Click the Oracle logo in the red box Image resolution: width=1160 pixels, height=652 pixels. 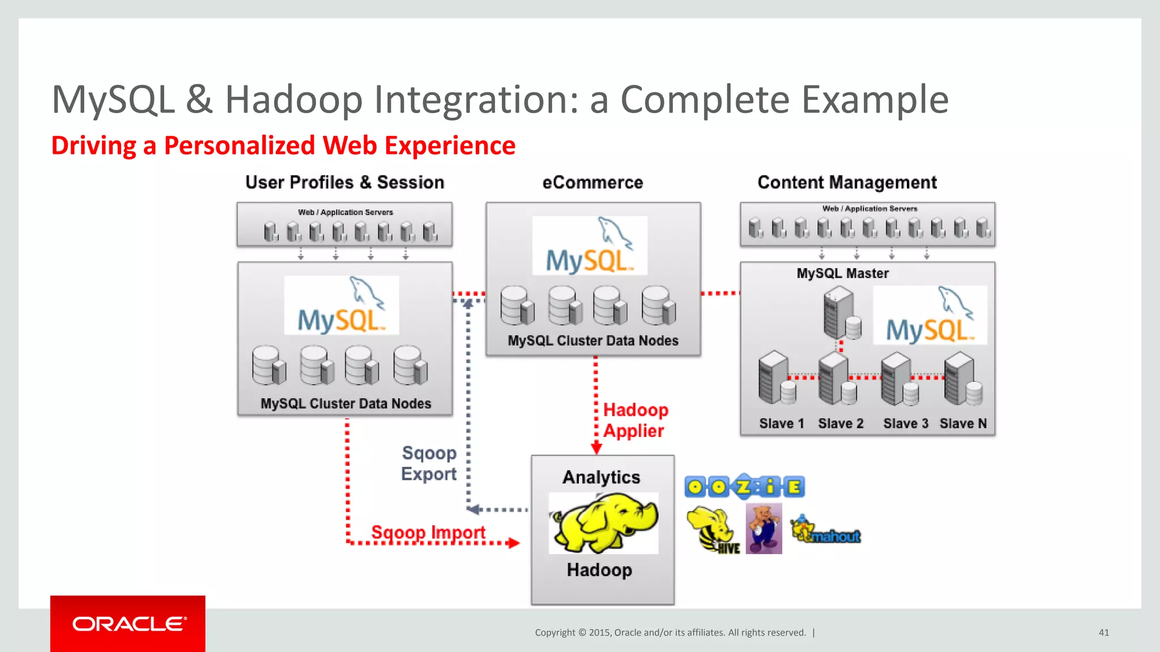click(x=129, y=624)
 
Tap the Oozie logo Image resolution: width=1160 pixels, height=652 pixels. click(x=744, y=487)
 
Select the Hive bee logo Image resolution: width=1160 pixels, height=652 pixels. click(x=713, y=530)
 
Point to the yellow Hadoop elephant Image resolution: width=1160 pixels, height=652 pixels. click(x=604, y=522)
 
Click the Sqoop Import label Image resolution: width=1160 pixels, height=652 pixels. click(x=428, y=532)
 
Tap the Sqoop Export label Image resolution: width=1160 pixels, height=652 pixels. click(x=429, y=463)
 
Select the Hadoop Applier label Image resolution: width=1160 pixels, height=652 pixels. click(x=635, y=420)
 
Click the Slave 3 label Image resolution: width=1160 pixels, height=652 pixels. click(x=905, y=423)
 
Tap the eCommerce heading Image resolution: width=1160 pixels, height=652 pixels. click(x=592, y=182)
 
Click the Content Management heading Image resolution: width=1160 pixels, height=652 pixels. click(x=847, y=182)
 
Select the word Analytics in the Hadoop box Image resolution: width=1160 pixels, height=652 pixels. click(x=601, y=477)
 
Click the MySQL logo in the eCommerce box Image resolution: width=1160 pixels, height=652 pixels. click(x=590, y=246)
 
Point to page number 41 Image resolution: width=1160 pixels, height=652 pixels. click(x=1103, y=632)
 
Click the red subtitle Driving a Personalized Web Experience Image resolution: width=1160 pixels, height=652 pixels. click(x=283, y=145)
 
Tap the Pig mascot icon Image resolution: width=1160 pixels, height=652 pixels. click(x=764, y=529)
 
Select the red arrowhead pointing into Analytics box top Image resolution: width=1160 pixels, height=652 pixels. click(x=596, y=449)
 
